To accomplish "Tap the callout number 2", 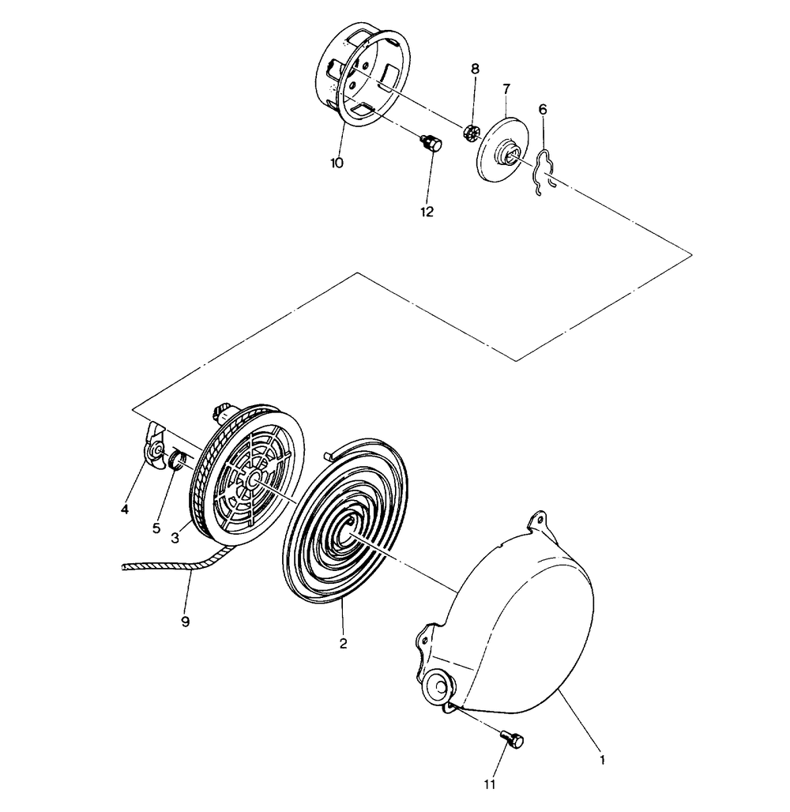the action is coord(343,644).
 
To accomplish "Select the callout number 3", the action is coord(175,537).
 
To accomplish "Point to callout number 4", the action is coord(125,509).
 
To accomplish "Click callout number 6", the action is coord(542,109).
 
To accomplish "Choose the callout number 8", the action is coord(475,69).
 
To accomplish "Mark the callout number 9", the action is coord(186,622).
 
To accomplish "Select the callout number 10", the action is coord(337,163).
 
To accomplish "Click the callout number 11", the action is coord(489,784).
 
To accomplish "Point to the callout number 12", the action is coord(427,212).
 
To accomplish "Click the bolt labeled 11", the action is coord(512,739).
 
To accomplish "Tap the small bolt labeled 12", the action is coord(429,145).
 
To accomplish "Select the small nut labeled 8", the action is coord(472,132).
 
